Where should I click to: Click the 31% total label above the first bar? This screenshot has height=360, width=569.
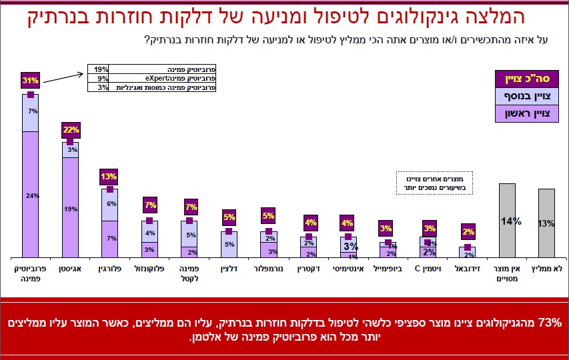[31, 80]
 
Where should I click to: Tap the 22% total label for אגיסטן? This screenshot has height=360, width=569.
[71, 129]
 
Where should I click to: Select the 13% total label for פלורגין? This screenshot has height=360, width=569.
[109, 177]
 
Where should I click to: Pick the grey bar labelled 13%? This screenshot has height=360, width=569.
[546, 223]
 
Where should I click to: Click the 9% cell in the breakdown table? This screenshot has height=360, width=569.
[100, 78]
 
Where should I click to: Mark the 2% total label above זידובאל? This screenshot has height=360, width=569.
[468, 231]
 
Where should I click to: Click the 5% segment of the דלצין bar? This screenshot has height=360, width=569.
[229, 244]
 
